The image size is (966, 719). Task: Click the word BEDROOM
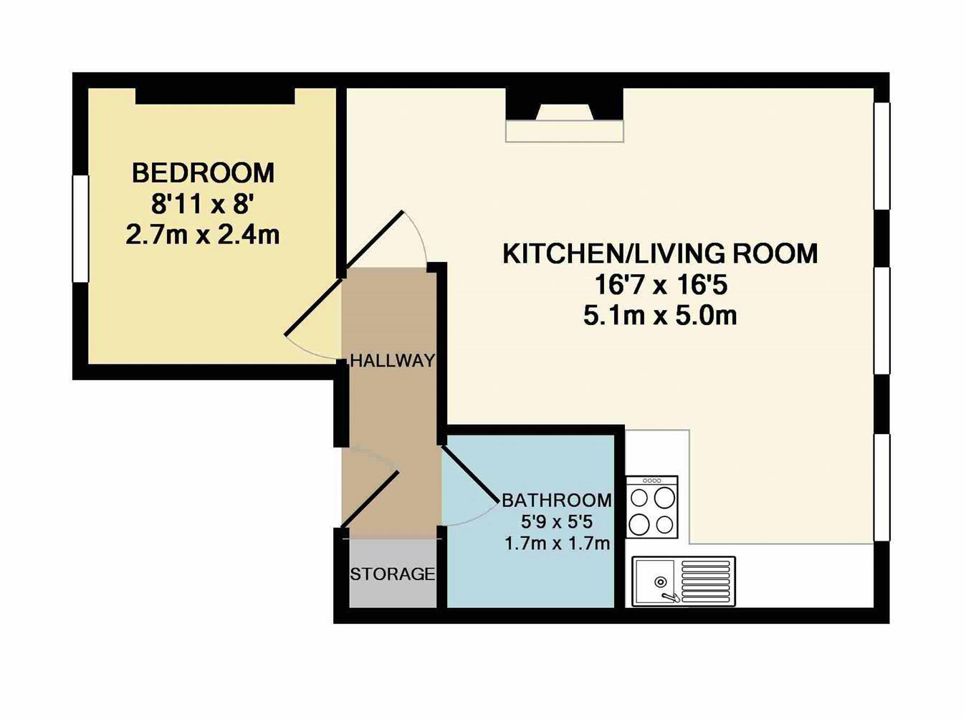coord(203,173)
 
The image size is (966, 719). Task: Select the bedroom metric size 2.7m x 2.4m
coord(203,235)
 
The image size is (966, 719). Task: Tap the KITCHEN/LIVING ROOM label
coord(659,254)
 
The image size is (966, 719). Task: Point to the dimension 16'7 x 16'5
coord(660,286)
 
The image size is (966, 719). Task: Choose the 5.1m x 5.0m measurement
coord(660,316)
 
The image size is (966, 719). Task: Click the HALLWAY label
coord(392,361)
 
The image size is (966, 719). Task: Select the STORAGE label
coord(392,574)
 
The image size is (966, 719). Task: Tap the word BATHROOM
coord(557,500)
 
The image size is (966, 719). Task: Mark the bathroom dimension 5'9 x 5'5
coord(557,521)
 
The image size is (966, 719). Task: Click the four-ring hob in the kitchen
coord(651,507)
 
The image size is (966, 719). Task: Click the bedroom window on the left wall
coord(80,228)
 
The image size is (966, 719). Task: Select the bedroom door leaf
coord(314,306)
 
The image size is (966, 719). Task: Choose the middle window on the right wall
coord(882,320)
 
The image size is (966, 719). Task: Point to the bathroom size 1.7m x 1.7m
coord(557,544)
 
